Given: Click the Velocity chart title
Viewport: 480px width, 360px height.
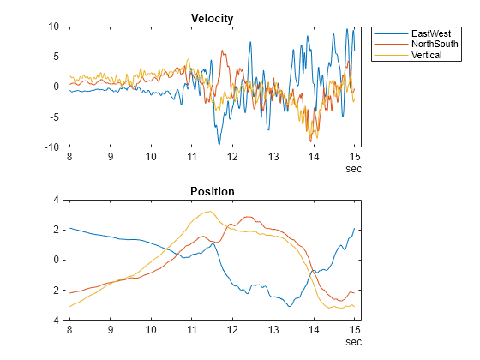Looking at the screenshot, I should click(x=213, y=18).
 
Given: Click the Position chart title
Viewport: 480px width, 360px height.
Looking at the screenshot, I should click(x=213, y=190).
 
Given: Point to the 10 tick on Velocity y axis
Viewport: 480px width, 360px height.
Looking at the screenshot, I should click(x=52, y=27).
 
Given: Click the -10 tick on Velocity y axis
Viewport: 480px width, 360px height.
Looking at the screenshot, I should click(x=51, y=147).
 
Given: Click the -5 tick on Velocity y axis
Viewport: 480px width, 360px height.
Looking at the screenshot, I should click(x=53, y=117).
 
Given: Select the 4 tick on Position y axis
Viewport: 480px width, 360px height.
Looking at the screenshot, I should click(x=56, y=200).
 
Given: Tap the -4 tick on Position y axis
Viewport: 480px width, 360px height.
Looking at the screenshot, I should click(x=53, y=320).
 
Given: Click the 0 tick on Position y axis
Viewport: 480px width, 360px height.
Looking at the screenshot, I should click(x=56, y=260).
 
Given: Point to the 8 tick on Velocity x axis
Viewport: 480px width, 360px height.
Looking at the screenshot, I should click(x=69, y=157).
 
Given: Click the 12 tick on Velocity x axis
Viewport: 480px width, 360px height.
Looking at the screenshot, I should click(x=232, y=157).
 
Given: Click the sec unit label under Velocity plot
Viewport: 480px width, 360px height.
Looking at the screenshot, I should click(x=353, y=169).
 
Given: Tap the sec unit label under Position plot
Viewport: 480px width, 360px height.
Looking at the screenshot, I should click(x=353, y=342).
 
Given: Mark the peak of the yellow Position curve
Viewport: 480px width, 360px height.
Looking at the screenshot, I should click(x=208, y=211).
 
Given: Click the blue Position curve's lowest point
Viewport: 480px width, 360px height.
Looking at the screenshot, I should click(x=290, y=306).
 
